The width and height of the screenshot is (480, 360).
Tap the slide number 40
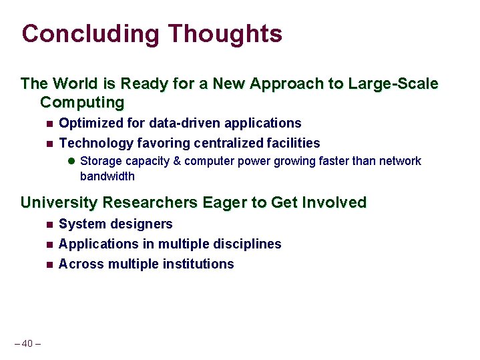(x=27, y=344)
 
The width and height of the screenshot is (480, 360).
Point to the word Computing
(x=82, y=103)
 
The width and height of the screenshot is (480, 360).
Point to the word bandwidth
(x=107, y=177)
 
